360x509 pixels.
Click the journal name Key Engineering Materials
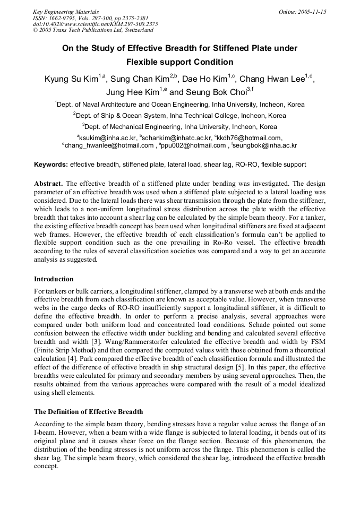(66, 12)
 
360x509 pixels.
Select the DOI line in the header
(96, 24)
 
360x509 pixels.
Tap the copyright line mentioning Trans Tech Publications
(93, 30)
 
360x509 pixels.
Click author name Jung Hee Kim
(133, 92)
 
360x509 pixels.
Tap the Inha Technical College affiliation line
(180, 115)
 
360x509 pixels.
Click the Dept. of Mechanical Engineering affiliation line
(180, 127)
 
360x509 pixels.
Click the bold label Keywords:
(51, 165)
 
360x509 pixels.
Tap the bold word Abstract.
(48, 183)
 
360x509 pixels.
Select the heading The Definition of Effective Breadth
(88, 411)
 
